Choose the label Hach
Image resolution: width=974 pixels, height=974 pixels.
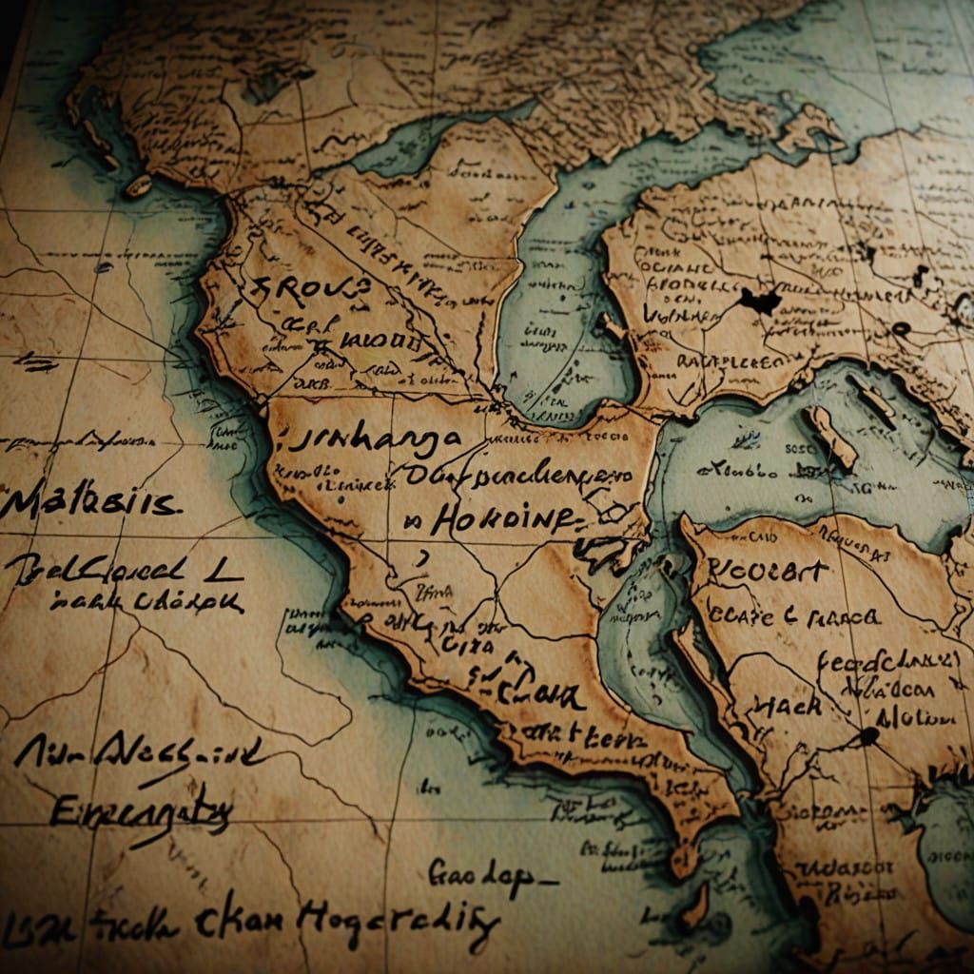coord(789,705)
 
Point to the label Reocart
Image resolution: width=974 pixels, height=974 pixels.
coord(769,572)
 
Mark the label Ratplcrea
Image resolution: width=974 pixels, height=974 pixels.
coord(728,360)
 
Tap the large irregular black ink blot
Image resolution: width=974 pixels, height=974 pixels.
coord(760,301)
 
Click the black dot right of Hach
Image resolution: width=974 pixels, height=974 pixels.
coord(867,736)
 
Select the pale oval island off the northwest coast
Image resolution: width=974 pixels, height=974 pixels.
coord(138,186)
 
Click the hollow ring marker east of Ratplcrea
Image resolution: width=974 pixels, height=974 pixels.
coord(899,329)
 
